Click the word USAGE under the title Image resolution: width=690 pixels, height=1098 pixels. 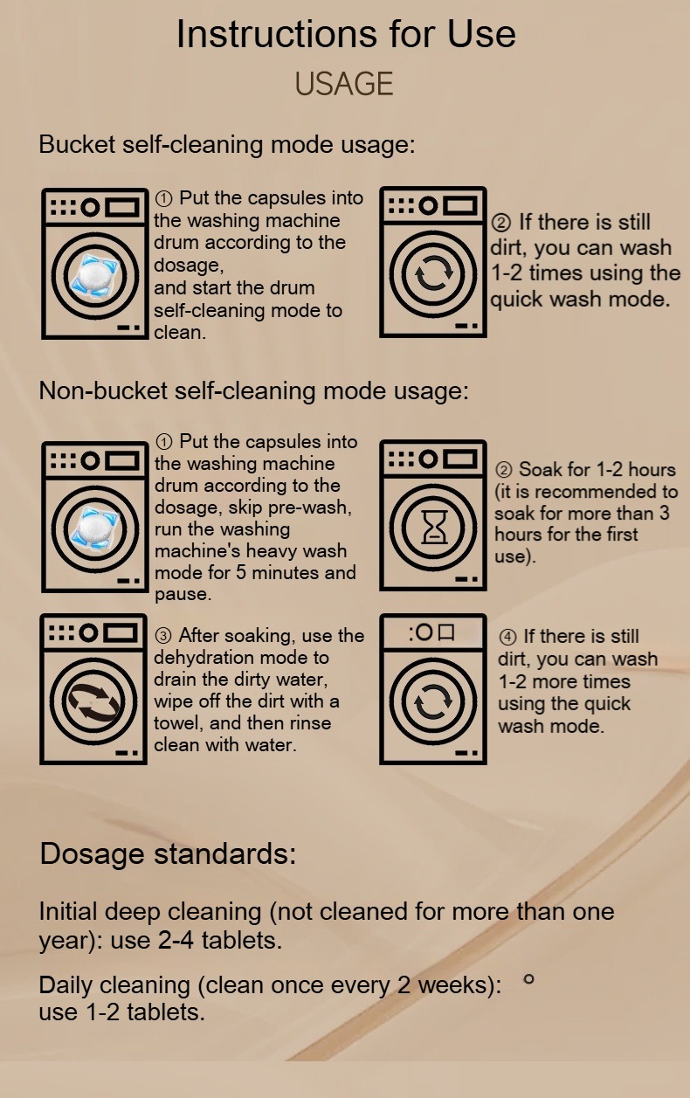pos(344,83)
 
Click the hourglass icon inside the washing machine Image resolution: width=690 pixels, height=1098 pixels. pos(434,527)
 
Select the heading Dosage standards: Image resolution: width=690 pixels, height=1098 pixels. pos(168,853)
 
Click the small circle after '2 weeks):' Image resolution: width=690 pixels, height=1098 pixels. pos(528,979)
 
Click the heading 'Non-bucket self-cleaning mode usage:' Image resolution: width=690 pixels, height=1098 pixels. pos(254,390)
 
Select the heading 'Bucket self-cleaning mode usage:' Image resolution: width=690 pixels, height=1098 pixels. pos(227,145)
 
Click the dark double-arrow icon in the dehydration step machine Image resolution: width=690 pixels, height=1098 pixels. pos(93,701)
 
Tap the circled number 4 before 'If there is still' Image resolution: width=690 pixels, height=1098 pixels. pos(507,637)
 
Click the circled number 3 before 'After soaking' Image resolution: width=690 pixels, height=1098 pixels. pos(163,636)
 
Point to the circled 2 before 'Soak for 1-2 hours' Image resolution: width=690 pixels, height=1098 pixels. pos(504,470)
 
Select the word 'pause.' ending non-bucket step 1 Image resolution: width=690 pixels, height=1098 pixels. pos(183,595)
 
